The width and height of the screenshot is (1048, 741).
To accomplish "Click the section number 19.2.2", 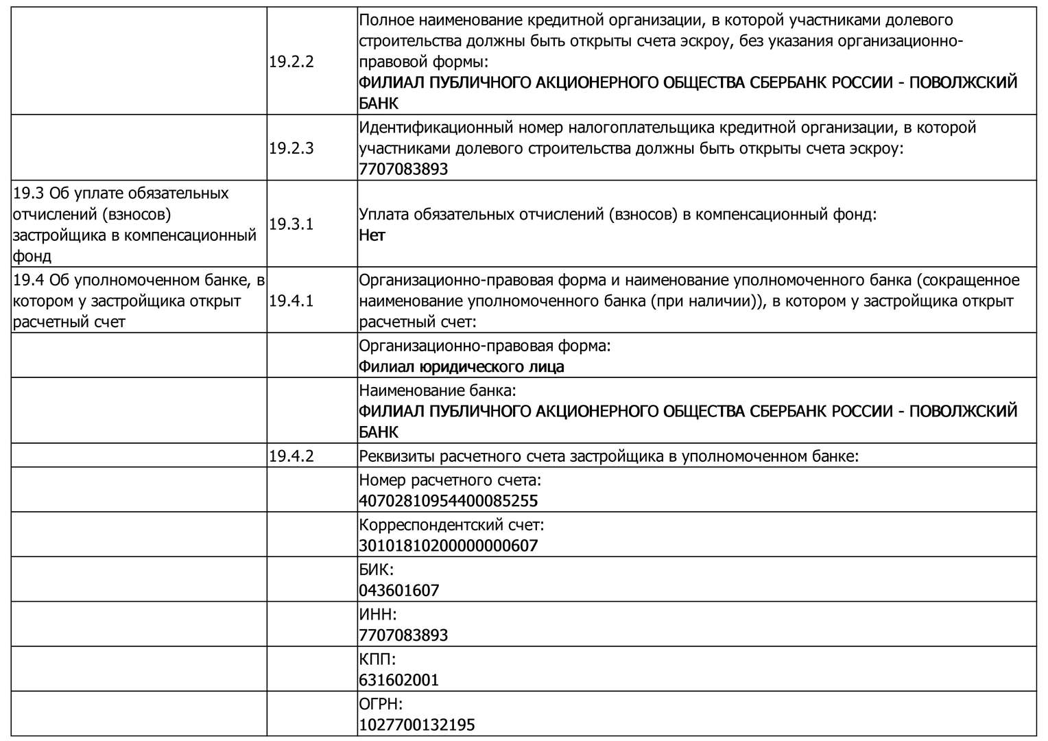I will pyautogui.click(x=291, y=61).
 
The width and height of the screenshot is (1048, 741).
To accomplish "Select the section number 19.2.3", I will pyautogui.click(x=291, y=148).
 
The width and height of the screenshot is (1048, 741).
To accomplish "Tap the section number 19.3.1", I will pyautogui.click(x=291, y=224).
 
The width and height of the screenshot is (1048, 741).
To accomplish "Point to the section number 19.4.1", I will pyautogui.click(x=291, y=301).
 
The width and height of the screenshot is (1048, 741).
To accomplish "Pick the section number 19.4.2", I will pyautogui.click(x=291, y=456).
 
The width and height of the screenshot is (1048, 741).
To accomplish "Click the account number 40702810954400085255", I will pyautogui.click(x=448, y=501).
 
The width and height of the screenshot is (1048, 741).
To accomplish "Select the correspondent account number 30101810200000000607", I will pyautogui.click(x=448, y=546).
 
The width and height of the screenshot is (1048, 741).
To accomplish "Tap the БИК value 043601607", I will pyautogui.click(x=398, y=591).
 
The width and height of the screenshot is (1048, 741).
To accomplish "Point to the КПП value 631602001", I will pyautogui.click(x=398, y=680).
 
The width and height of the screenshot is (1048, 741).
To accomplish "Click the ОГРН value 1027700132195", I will pyautogui.click(x=416, y=725).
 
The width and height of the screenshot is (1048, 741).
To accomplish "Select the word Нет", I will pyautogui.click(x=372, y=235).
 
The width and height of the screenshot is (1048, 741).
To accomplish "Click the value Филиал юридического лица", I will pyautogui.click(x=461, y=367).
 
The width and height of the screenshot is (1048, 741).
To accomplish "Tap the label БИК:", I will pyautogui.click(x=377, y=569).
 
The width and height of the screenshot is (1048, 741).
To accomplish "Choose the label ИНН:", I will pyautogui.click(x=378, y=614).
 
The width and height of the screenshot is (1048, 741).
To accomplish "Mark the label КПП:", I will pyautogui.click(x=377, y=659).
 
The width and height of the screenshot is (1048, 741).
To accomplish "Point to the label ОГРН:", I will pyautogui.click(x=381, y=704).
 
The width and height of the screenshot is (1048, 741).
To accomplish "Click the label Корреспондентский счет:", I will pyautogui.click(x=451, y=526).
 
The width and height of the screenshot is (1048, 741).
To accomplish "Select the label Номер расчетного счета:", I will pyautogui.click(x=450, y=480).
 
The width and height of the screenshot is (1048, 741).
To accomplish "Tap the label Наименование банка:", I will pyautogui.click(x=437, y=391).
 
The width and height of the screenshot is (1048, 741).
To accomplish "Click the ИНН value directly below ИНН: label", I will pyautogui.click(x=403, y=635).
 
